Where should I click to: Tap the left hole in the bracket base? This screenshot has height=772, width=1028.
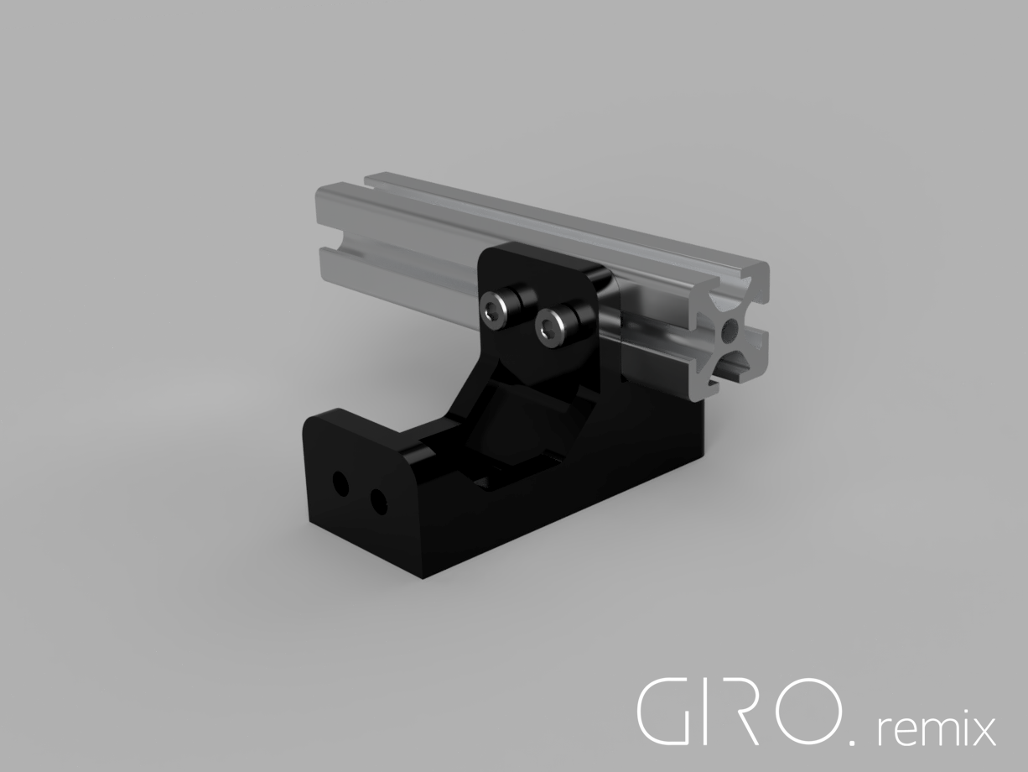[340, 484]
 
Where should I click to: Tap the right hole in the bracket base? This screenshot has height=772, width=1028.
[378, 502]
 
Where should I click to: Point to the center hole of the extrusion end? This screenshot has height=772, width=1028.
[729, 329]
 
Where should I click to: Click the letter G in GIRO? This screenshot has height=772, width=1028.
[662, 710]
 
